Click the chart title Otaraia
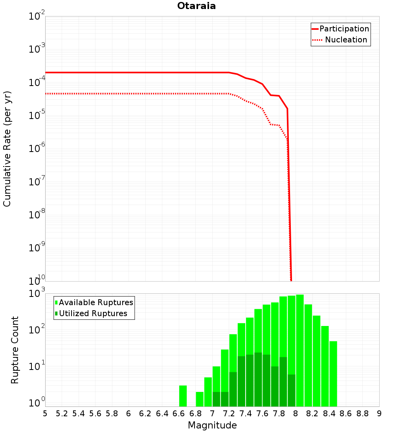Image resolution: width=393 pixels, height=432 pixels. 196,6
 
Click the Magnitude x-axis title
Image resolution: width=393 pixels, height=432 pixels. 212,425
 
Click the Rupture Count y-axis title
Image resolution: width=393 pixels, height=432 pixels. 15,350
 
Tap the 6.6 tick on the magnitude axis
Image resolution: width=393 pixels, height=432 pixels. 179,414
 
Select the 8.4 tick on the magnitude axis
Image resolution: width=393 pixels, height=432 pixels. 329,414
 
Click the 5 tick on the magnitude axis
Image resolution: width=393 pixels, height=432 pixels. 45,414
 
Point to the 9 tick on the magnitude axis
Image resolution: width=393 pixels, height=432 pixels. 379,414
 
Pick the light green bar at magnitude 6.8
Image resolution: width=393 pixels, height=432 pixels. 200,399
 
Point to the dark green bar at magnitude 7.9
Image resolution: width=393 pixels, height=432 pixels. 291,390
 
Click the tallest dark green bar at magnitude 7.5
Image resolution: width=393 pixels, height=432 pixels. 258,379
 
